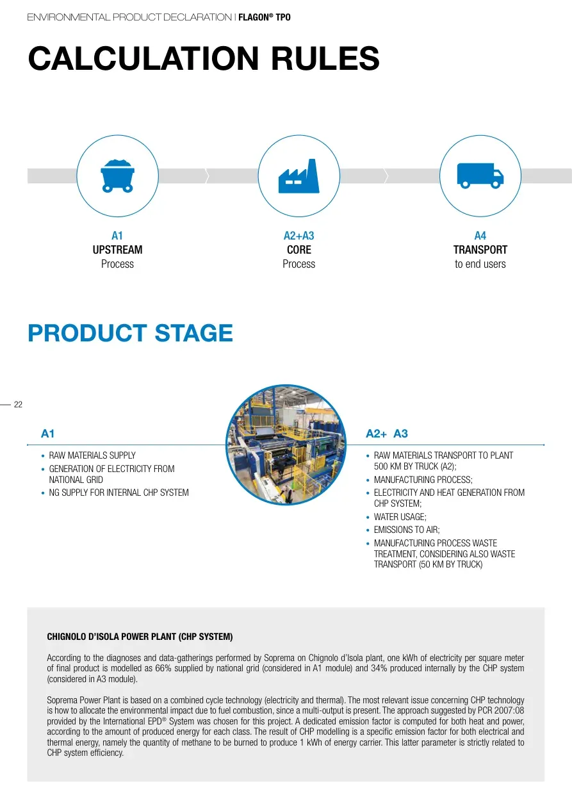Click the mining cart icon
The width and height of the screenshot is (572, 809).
click(117, 176)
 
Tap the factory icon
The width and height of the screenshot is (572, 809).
click(299, 176)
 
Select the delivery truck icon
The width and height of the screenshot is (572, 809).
click(480, 176)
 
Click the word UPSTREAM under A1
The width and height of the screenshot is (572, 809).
click(117, 250)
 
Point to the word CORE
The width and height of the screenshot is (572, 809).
click(299, 250)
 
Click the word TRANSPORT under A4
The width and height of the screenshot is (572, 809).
click(480, 250)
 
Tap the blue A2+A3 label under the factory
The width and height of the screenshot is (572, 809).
click(299, 236)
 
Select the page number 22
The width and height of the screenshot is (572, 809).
click(18, 405)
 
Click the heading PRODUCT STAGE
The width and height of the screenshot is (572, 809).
click(131, 332)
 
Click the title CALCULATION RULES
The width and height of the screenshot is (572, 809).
click(204, 58)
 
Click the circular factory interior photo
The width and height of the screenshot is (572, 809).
click(286, 445)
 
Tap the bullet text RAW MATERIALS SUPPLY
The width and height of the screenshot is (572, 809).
click(92, 455)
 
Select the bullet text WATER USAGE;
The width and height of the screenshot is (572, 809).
click(400, 517)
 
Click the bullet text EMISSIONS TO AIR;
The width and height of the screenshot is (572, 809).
click(407, 530)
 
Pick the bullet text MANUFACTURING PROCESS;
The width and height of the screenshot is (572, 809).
click(423, 480)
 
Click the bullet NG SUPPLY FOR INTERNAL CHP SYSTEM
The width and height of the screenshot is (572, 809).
click(118, 493)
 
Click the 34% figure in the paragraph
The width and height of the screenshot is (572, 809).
click(379, 668)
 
